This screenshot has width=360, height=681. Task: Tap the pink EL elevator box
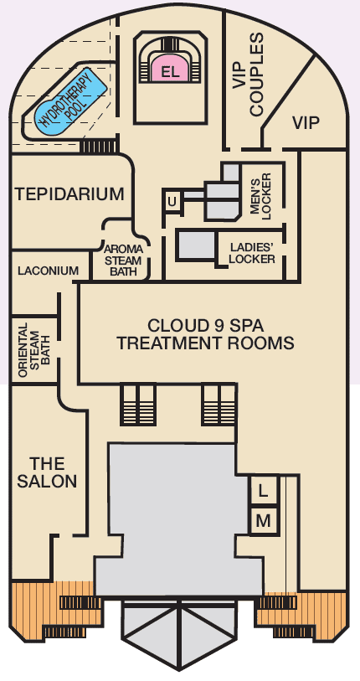[170, 70]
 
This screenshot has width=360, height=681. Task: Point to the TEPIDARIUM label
[69, 193]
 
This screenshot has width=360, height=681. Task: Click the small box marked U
[172, 202]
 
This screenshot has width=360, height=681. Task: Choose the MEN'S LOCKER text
[260, 195]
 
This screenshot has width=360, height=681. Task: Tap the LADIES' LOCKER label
[252, 253]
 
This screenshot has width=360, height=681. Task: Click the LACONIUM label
[49, 271]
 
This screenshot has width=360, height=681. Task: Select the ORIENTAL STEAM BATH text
[34, 349]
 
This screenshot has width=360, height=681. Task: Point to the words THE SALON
[47, 472]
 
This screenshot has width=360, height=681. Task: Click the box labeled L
[263, 491]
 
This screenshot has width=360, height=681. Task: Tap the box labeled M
[263, 521]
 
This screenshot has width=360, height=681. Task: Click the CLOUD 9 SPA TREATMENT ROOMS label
[205, 334]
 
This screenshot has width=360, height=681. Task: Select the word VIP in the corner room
[306, 123]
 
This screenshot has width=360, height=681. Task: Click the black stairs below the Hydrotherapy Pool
[98, 146]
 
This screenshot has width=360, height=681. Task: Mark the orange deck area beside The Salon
[54, 610]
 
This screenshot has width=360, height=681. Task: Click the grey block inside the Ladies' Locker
[196, 245]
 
